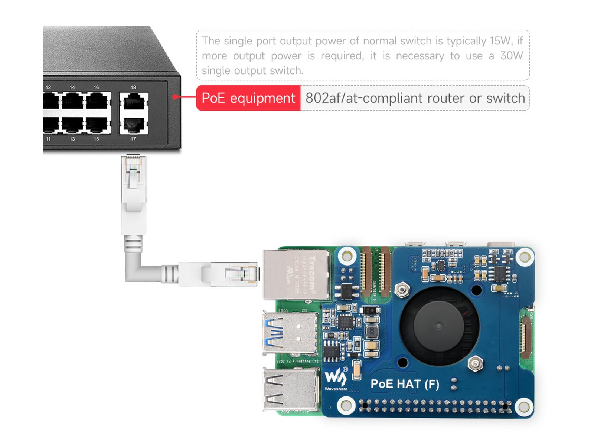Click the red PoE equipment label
pyautogui.click(x=248, y=98)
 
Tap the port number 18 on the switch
pyautogui.click(x=133, y=88)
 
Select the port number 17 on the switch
pyautogui.click(x=133, y=139)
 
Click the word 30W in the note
pyautogui.click(x=511, y=56)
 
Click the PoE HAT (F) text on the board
pyautogui.click(x=405, y=384)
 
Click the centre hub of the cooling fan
pyautogui.click(x=439, y=326)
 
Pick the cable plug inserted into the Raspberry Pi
pyautogui.click(x=230, y=274)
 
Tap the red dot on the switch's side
pyautogui.click(x=174, y=97)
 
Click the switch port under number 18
pyautogui.click(x=134, y=101)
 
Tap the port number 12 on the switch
pyautogui.click(x=48, y=88)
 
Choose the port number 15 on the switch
pyautogui.click(x=96, y=139)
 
